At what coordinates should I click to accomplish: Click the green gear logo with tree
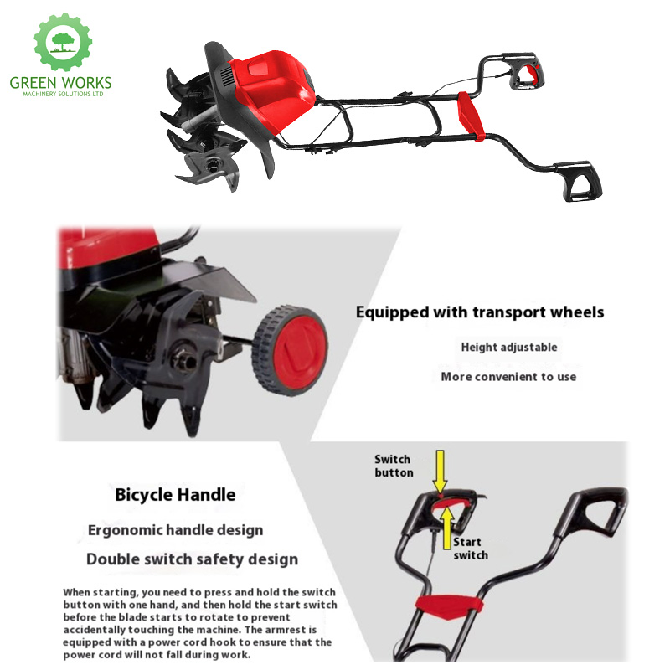pos(63,42)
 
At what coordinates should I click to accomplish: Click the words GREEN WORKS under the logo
pos(60,82)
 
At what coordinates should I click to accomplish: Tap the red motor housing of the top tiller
pos(271,89)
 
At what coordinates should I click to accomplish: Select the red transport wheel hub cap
pos(300,350)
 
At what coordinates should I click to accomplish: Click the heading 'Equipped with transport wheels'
pos(480,312)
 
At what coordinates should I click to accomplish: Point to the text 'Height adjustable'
pos(509,347)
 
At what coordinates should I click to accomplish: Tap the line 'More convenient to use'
pos(508,376)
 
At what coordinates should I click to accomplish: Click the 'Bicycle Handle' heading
pos(175,495)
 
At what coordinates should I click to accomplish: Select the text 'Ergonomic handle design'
pos(175,530)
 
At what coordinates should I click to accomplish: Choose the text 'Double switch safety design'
pos(192,559)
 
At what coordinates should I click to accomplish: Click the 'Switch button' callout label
pos(394,466)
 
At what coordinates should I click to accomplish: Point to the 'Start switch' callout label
pos(470,549)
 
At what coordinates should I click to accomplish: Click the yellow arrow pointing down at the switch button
pos(440,472)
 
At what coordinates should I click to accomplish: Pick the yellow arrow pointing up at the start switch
pos(447,528)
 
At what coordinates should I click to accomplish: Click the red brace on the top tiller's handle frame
pos(471,116)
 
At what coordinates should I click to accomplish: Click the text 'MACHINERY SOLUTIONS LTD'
pos(63,94)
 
